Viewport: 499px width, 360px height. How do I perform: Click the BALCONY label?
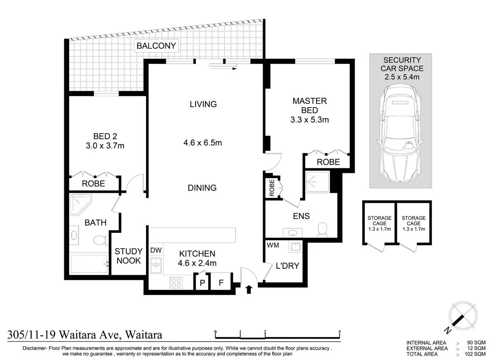(156, 46)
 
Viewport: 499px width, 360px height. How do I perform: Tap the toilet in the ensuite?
(322, 229)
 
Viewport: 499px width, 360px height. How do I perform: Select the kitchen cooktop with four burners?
(176, 282)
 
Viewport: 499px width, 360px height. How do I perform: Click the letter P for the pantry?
(202, 283)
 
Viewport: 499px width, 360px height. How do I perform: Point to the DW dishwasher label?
(156, 250)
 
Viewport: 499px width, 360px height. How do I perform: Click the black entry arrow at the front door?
(249, 289)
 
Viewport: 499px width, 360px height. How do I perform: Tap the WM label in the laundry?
(273, 245)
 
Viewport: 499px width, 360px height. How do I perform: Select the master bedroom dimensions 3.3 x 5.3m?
(310, 120)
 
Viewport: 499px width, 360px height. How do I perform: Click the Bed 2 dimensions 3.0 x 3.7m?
(105, 146)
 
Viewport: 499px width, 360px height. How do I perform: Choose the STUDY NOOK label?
(128, 256)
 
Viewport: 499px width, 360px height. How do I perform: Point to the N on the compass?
(447, 331)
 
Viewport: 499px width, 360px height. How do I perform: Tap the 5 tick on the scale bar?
(339, 332)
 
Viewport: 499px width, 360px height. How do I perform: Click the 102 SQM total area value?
(475, 354)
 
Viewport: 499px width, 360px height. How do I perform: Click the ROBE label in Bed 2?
(93, 184)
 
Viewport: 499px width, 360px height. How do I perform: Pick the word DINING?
(202, 188)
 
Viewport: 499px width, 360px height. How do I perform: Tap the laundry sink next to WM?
(295, 246)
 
